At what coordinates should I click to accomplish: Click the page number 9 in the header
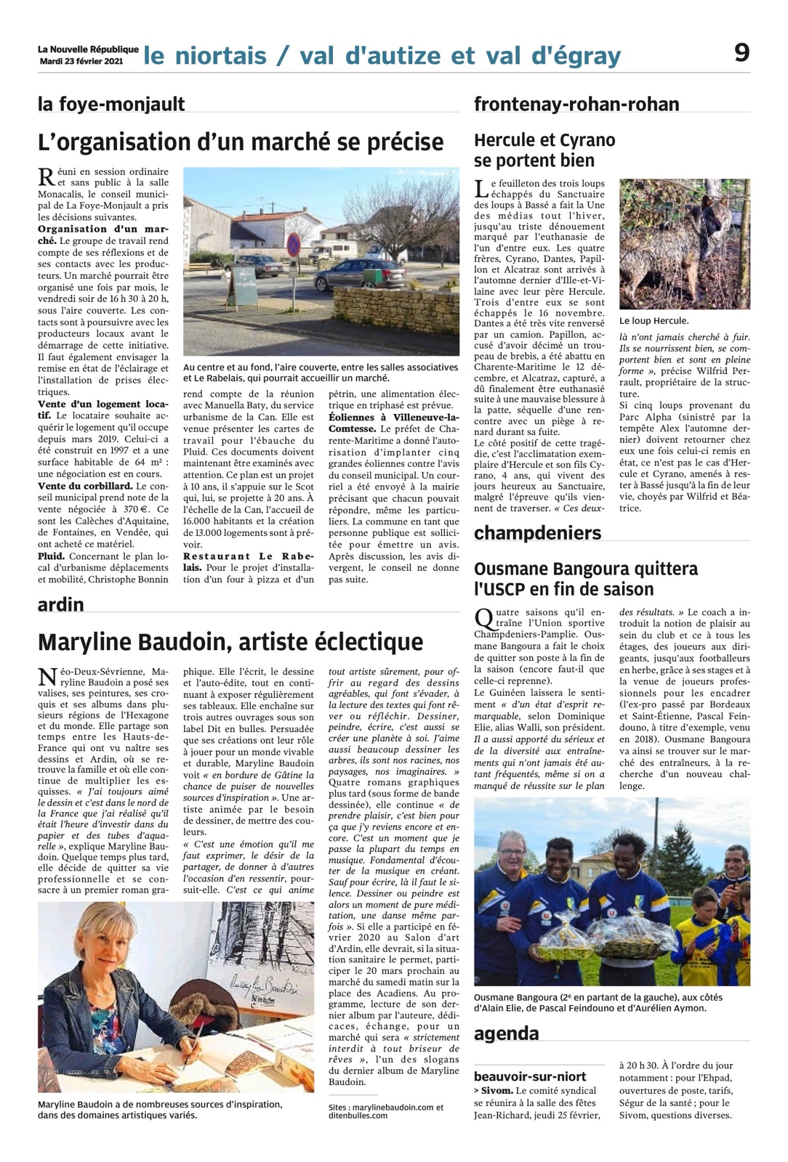click(x=741, y=52)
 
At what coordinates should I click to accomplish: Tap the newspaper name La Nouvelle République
click(x=88, y=49)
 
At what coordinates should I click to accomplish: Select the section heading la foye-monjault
click(x=111, y=104)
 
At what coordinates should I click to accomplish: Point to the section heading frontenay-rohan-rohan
click(x=576, y=104)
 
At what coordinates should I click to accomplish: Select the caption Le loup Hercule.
click(x=654, y=320)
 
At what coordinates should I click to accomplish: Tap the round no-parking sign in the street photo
click(x=293, y=245)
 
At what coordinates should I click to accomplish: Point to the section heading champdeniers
click(x=537, y=532)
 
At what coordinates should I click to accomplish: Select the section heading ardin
click(x=61, y=604)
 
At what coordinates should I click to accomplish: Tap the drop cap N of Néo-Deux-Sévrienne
click(x=47, y=678)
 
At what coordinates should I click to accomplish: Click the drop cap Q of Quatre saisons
click(x=483, y=618)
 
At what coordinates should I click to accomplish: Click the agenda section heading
click(x=506, y=1033)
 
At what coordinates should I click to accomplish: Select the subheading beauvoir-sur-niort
click(x=530, y=1076)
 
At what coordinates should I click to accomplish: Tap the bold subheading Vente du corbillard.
click(x=85, y=486)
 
